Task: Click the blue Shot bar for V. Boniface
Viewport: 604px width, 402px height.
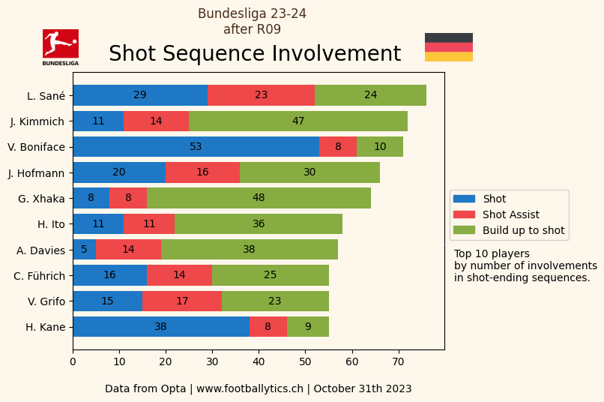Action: pyautogui.click(x=196, y=147)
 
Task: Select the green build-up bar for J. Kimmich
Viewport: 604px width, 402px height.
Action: pyautogui.click(x=298, y=121)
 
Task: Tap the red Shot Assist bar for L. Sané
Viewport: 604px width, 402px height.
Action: pyautogui.click(x=261, y=95)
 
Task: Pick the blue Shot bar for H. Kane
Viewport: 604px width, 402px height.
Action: pyautogui.click(x=161, y=326)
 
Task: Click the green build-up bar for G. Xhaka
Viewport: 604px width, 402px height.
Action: pyautogui.click(x=259, y=198)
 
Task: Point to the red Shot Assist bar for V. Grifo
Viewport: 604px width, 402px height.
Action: pyautogui.click(x=182, y=301)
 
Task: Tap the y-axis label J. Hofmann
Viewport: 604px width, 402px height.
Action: pyautogui.click(x=37, y=172)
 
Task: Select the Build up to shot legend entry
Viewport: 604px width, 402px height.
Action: pyautogui.click(x=523, y=230)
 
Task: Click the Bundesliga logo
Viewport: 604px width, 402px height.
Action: pyautogui.click(x=61, y=46)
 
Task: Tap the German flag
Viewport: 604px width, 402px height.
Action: pyautogui.click(x=449, y=47)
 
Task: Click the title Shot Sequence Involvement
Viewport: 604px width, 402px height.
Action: pyautogui.click(x=255, y=54)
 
